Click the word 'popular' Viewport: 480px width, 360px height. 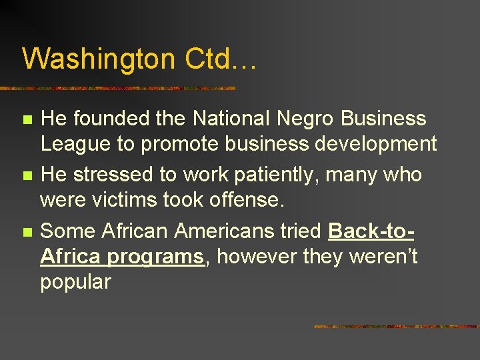pos(75,283)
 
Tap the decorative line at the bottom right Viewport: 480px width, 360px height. pos(396,327)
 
